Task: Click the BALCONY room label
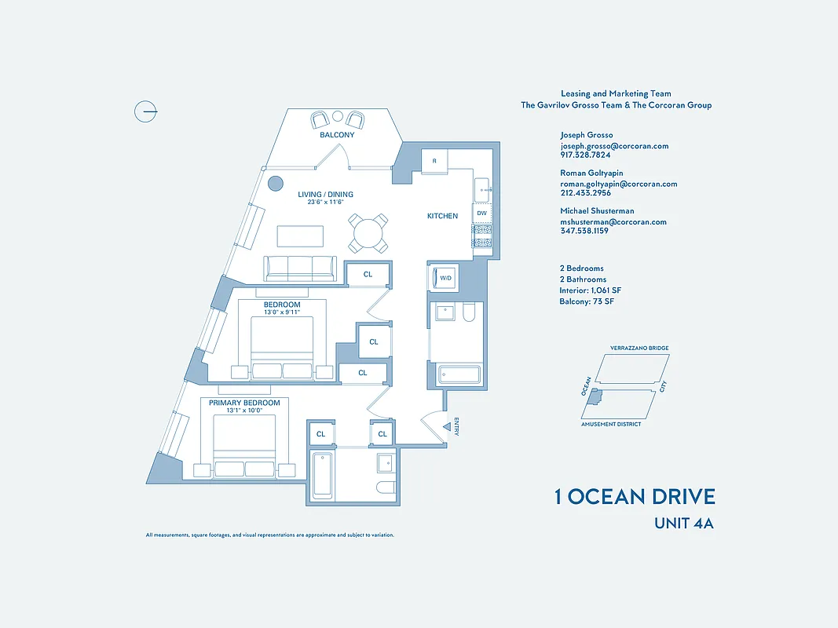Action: [x=337, y=135]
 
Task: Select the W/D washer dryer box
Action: [x=445, y=278]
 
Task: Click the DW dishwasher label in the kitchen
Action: [x=481, y=213]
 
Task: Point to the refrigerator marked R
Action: [x=434, y=161]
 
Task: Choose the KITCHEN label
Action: [x=442, y=216]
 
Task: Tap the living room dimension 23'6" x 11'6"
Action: [x=325, y=203]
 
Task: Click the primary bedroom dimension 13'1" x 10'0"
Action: [x=244, y=411]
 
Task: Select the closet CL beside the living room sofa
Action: [x=368, y=274]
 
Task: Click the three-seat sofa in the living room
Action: [x=300, y=268]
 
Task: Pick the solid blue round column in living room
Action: [x=275, y=184]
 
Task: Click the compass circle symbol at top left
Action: [x=145, y=112]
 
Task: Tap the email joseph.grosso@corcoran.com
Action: [x=614, y=146]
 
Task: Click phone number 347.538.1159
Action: [x=584, y=231]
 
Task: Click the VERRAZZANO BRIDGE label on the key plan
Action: [x=639, y=348]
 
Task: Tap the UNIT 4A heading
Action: [x=683, y=524]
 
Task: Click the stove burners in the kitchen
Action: [x=481, y=235]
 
